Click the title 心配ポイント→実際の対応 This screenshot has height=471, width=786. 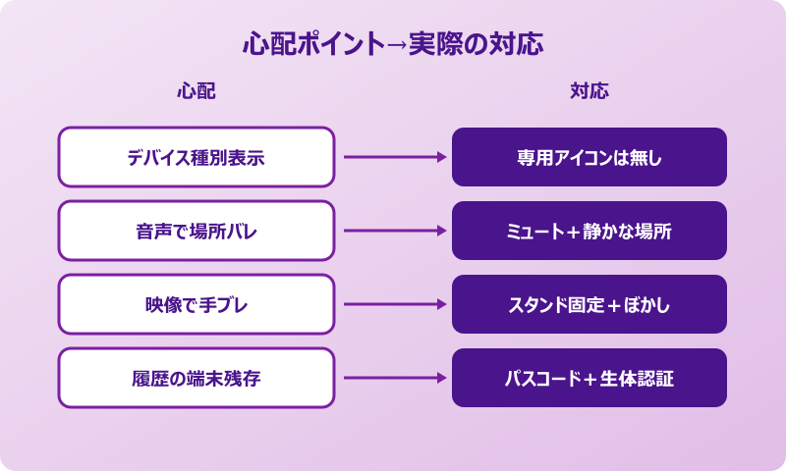pos(393,45)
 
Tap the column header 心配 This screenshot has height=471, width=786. pos(196,91)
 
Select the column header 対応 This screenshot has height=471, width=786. pos(589,91)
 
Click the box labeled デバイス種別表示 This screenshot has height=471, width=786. pos(196,157)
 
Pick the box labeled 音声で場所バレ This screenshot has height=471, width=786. pos(196,231)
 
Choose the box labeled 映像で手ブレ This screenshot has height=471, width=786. pos(196,304)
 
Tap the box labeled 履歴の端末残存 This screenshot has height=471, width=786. pos(196,378)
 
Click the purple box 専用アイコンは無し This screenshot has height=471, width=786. pos(589,157)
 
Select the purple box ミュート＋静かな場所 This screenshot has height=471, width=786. pos(589,231)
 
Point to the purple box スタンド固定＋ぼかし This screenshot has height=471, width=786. pos(589,304)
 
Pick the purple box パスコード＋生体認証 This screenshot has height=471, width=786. pos(589,378)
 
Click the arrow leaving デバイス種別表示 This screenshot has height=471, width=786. pos(393,157)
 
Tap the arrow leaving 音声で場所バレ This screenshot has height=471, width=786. pos(393,231)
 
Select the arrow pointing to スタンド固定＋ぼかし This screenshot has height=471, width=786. pos(393,304)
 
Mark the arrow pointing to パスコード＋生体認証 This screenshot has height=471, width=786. pos(393,378)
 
